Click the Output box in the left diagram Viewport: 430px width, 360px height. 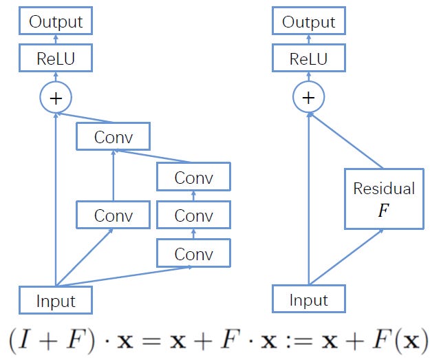pos(56,21)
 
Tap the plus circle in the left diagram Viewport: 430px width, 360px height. pos(56,98)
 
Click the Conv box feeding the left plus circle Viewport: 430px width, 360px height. pos(113,137)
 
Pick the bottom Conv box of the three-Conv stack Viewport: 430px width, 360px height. pos(193,254)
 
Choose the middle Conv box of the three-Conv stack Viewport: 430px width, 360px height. pos(193,216)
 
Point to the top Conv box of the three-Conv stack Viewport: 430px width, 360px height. pos(193,178)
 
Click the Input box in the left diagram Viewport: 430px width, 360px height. pos(56,301)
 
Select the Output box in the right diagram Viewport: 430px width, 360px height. pos(308,21)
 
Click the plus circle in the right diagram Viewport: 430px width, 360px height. pos(308,98)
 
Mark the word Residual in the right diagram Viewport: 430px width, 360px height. pos(383,189)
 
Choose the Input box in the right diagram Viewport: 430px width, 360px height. pos(308,301)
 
